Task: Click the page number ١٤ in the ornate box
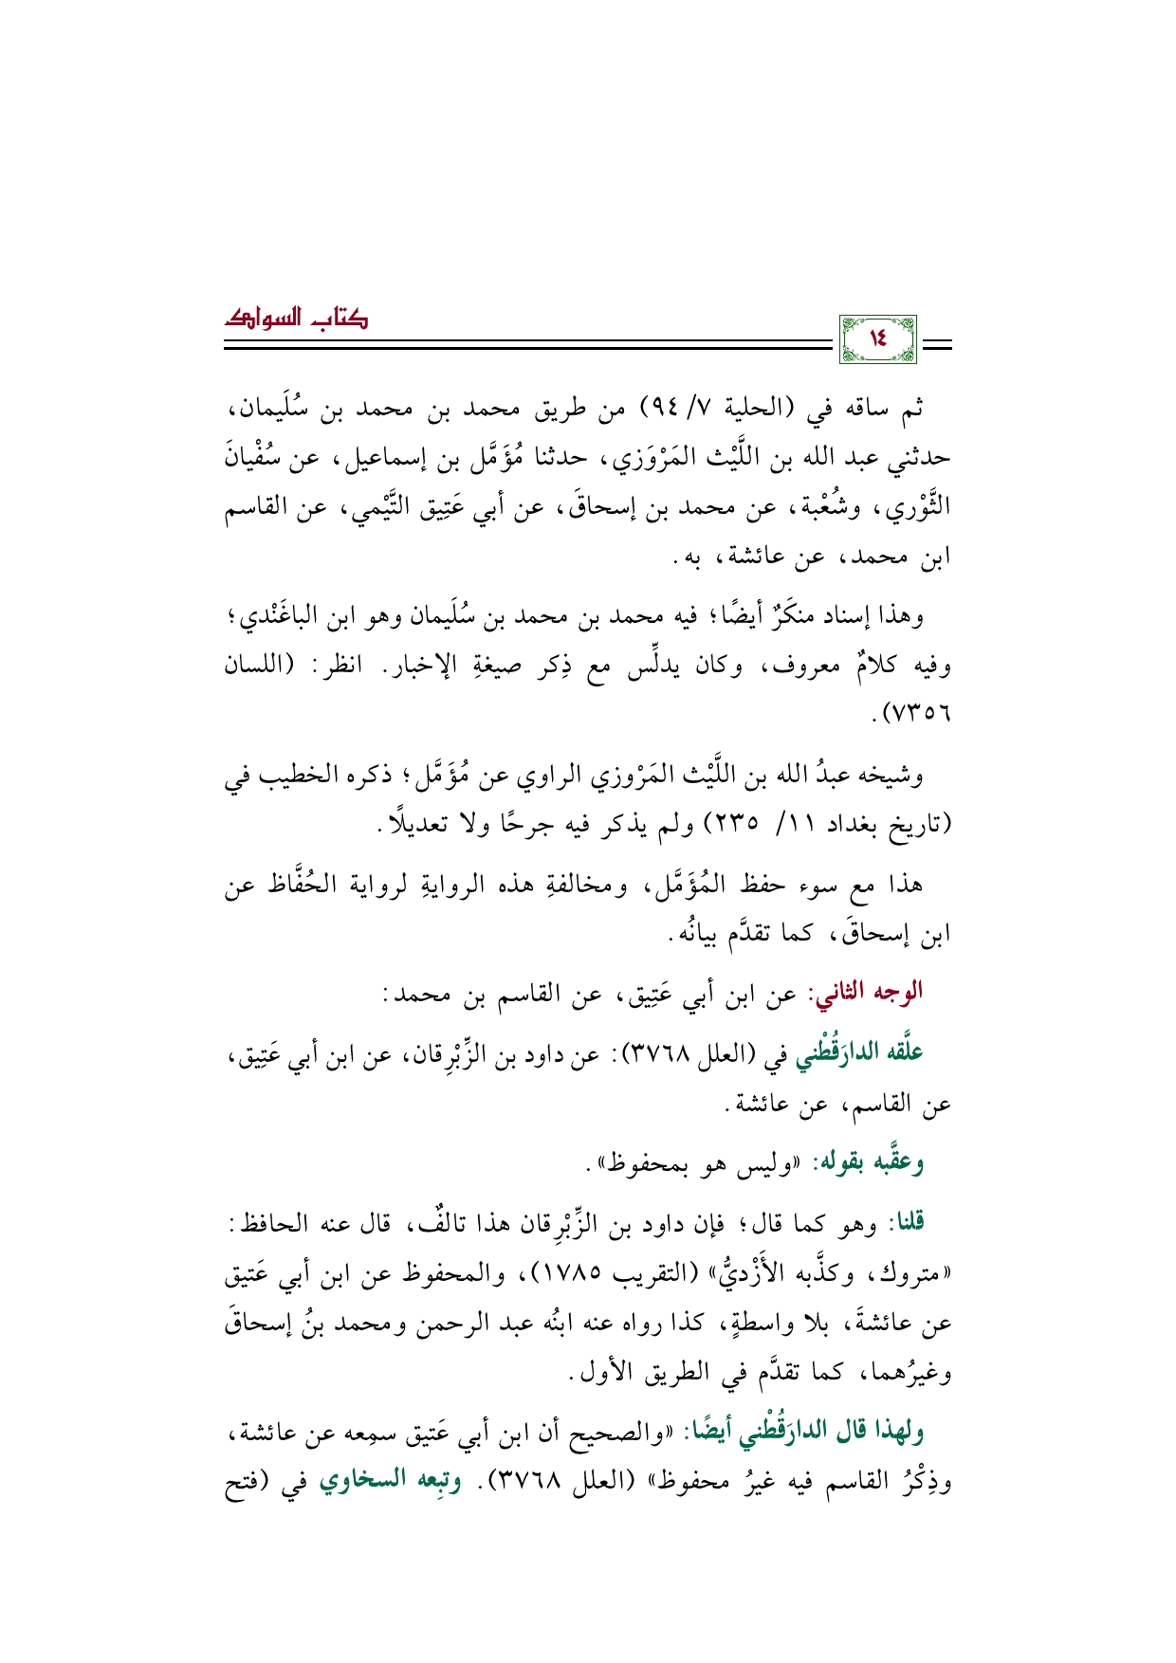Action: click(x=877, y=338)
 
